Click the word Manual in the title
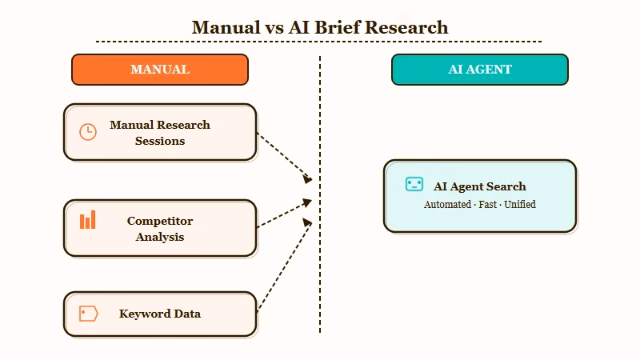click(226, 27)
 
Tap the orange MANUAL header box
click(160, 70)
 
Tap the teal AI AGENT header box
click(480, 70)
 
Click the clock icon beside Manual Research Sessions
click(88, 132)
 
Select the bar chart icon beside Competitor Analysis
click(88, 220)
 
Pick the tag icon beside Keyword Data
click(88, 314)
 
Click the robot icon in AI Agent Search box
click(414, 185)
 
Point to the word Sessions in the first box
click(160, 141)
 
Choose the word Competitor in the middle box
click(160, 221)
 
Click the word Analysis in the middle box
click(160, 237)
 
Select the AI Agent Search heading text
click(480, 186)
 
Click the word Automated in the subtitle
click(447, 204)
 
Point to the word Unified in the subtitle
click(520, 204)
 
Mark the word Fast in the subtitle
click(487, 204)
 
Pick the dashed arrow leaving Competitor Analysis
click(283, 214)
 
